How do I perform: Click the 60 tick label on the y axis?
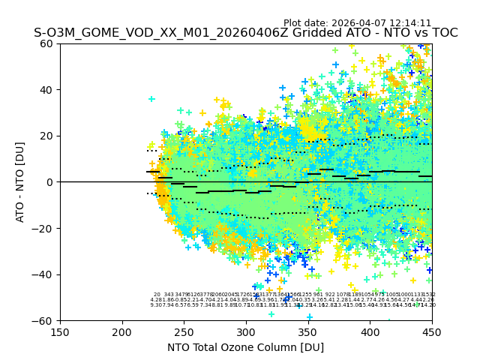47,43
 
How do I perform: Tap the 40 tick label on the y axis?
47,90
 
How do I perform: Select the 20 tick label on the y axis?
47,136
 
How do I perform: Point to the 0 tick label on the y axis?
50,182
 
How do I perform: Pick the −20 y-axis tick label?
44,228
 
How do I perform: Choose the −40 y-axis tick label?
44,274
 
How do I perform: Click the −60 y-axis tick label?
44,320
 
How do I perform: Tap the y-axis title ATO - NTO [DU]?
20,182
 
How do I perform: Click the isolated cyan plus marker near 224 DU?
151,99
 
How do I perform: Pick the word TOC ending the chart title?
444,33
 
